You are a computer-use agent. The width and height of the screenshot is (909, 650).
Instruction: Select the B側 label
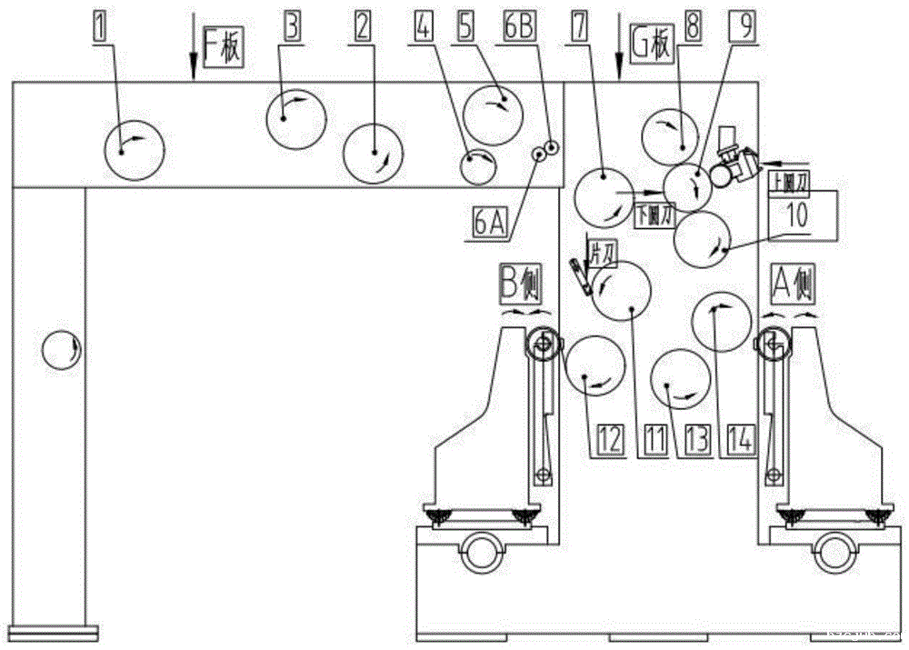click(521, 285)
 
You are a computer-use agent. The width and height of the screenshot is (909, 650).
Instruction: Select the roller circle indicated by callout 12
click(595, 365)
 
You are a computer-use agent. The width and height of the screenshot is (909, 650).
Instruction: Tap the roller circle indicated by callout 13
click(680, 380)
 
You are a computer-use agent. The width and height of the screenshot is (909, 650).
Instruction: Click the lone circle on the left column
click(62, 350)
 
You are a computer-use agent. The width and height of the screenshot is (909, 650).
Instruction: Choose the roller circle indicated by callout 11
click(622, 292)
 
